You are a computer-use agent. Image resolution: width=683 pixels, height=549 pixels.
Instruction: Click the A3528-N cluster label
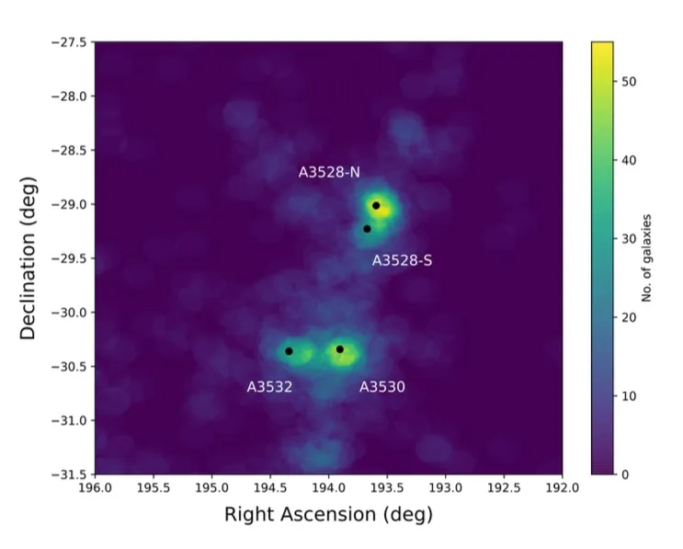pos(329,172)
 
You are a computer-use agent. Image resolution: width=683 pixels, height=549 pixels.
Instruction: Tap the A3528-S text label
pos(402,261)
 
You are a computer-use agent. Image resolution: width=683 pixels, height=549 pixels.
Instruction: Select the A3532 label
pos(269,387)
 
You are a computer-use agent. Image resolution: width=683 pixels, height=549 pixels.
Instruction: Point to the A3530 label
pos(381,387)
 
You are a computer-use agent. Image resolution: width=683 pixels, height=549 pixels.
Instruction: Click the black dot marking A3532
pos(289,351)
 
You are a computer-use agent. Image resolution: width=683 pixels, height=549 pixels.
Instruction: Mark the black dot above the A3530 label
pos(340,349)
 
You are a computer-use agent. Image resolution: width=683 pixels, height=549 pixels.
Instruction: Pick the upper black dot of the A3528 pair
pos(376,206)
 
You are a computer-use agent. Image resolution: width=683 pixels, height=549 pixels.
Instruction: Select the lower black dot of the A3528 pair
pos(367,229)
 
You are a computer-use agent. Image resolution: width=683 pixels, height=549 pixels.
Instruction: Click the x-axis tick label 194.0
pos(328,487)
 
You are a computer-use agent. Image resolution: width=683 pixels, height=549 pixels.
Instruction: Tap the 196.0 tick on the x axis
pos(95,487)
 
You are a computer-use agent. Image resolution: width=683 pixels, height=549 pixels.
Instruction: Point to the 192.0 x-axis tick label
pos(562,487)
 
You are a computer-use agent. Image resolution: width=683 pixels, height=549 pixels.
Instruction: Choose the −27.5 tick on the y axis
pos(68,42)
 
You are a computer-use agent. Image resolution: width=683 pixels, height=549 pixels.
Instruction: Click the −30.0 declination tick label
pos(68,313)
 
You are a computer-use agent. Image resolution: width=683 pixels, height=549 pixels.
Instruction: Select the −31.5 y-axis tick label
pos(68,475)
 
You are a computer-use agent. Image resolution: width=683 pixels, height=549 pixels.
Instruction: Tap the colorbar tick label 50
pos(629,81)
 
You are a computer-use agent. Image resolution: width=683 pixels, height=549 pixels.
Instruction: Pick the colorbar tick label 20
pos(629,317)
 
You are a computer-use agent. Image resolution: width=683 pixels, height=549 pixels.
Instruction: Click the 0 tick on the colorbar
pos(625,475)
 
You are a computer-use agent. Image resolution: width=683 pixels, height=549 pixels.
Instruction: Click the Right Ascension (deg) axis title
pos(328,515)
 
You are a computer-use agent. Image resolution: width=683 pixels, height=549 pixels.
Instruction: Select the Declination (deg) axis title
pos(28,258)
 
